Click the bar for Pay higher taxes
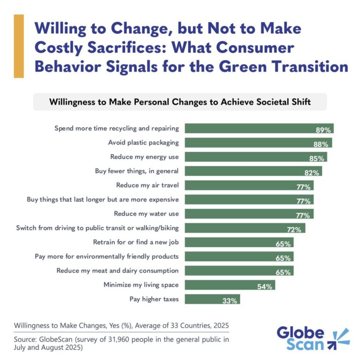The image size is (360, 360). point(212,299)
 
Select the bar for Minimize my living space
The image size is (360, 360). point(229,285)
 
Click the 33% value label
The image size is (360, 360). point(230,300)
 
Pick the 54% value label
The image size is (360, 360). point(265,286)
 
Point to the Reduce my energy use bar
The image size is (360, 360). point(255,157)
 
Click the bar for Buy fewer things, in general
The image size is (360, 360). point(253,171)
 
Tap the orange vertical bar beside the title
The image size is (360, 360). point(19,46)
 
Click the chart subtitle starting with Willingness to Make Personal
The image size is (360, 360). point(180,102)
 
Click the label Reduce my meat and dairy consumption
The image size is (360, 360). point(117,270)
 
